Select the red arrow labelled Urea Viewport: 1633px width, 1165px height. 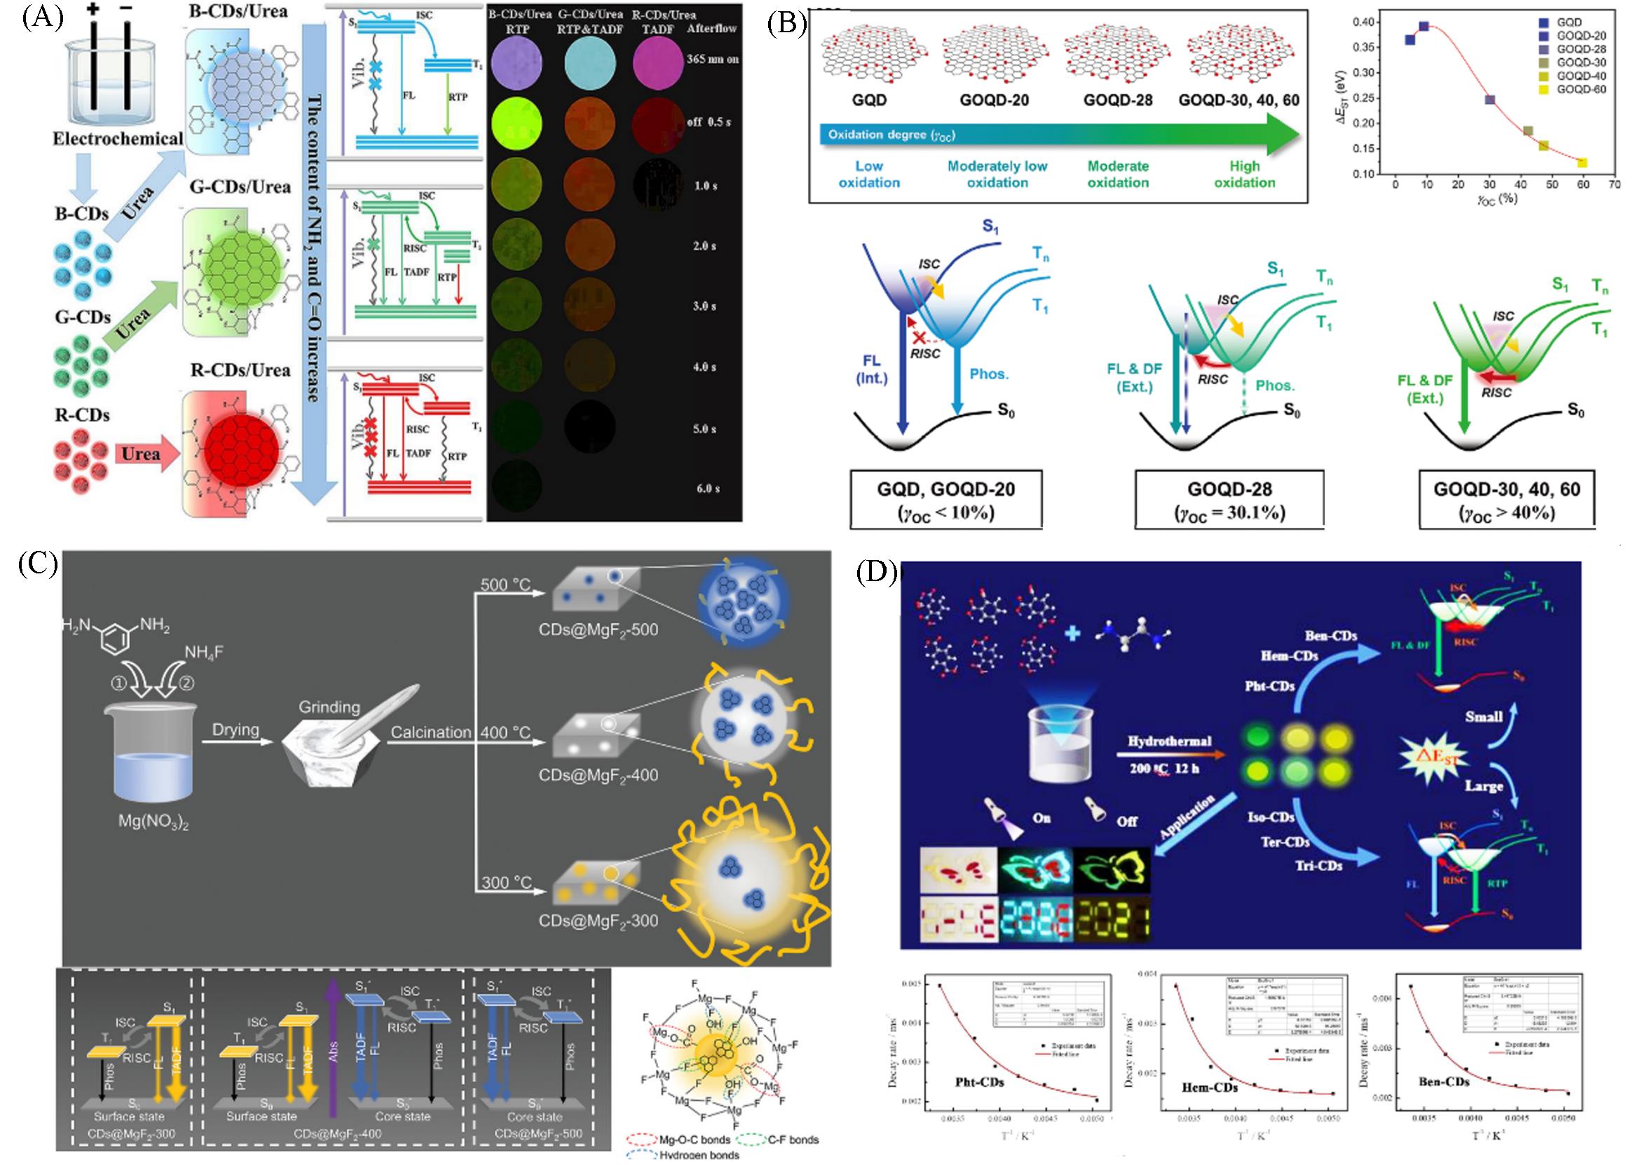pos(143,455)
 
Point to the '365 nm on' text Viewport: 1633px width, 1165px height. pos(712,59)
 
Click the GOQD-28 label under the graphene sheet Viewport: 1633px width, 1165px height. pos(1117,100)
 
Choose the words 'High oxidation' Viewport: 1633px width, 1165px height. pos(1244,175)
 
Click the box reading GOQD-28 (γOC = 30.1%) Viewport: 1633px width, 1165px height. pos(1229,500)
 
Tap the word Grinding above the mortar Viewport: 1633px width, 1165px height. pos(329,707)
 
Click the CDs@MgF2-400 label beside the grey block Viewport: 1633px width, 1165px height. pos(598,775)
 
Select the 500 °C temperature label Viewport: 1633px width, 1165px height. pos(505,585)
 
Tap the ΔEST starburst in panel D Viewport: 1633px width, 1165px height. pos(1435,756)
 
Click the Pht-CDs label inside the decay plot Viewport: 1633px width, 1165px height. pos(979,1081)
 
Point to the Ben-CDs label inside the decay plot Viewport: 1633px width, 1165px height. pos(1444,1081)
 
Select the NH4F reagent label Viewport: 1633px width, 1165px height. pos(204,652)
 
